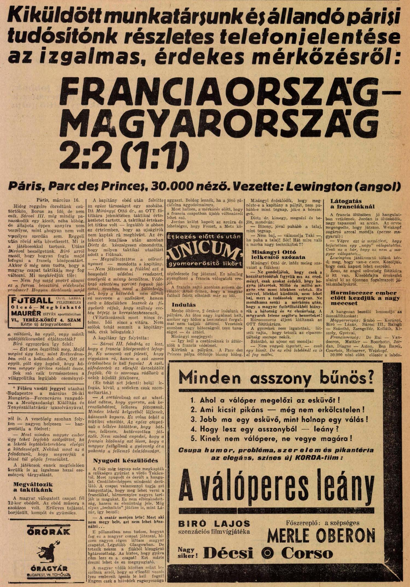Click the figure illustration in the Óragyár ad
click(x=48, y=548)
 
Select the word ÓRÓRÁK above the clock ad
click(x=48, y=532)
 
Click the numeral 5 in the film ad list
click(x=193, y=439)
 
